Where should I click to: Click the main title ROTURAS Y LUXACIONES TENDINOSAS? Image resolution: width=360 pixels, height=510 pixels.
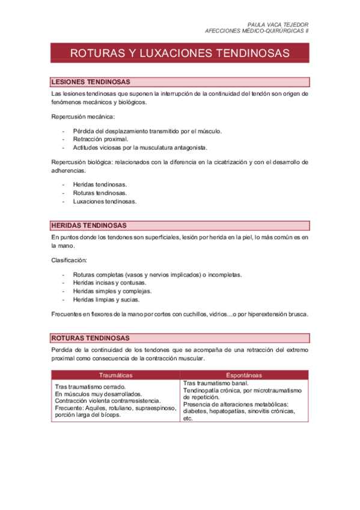coord(180,53)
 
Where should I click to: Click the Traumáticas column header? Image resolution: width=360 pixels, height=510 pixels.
coord(115,375)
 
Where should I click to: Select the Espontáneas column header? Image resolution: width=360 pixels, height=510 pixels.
coord(245,375)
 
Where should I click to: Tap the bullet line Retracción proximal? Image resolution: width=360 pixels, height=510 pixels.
coord(100,138)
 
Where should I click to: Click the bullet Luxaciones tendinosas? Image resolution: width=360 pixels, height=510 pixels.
coord(105,201)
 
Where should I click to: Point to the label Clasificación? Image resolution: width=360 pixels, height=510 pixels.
coord(70,260)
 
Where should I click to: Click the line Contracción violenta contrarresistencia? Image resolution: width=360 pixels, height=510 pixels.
coord(108,401)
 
